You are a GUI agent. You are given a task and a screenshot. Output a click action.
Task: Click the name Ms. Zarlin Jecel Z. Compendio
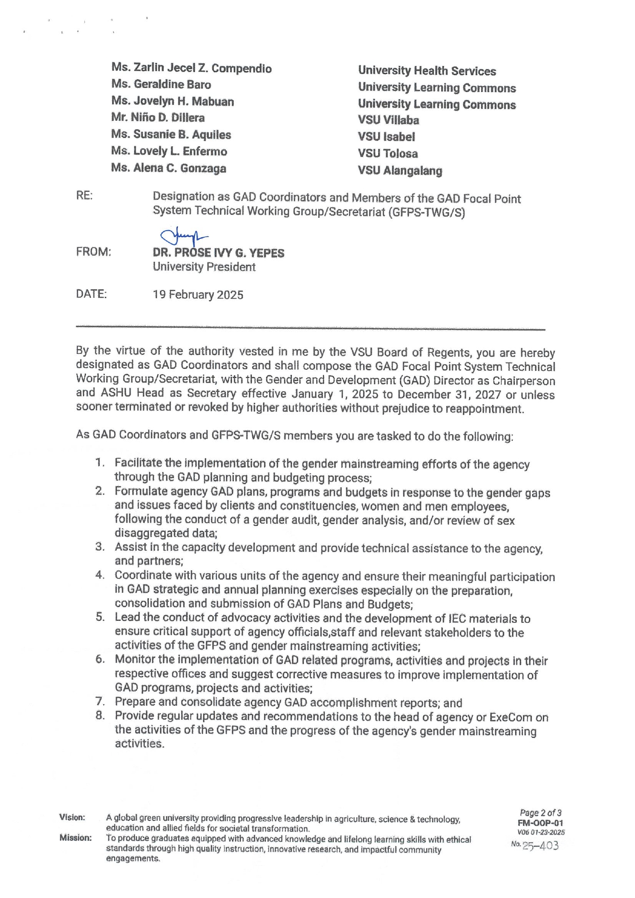pos(191,69)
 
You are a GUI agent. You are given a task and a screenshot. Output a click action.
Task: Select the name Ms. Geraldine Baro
pos(161,84)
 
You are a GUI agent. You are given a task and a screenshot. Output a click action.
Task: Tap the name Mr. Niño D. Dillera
pos(158,118)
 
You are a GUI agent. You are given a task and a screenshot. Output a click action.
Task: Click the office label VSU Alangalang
pos(400,171)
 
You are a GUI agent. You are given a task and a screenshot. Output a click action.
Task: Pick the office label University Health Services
pos(427,71)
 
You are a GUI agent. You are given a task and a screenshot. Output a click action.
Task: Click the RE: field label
pos(84,196)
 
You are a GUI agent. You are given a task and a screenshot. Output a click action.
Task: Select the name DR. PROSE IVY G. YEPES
pos(218,253)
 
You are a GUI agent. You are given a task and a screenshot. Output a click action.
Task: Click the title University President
pos(204,267)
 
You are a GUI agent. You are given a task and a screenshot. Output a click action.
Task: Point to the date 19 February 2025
pos(198,295)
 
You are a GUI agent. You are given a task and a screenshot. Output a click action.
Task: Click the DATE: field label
pos(91,295)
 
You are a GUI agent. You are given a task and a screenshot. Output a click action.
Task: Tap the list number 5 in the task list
pos(100,617)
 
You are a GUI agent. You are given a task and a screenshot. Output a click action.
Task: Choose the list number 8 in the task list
pos(100,715)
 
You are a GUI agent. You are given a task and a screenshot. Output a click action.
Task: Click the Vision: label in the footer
pos(72,818)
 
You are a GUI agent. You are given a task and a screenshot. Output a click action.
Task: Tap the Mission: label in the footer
pos(75,838)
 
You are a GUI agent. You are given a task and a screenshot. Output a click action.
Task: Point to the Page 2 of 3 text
pos(540,813)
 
